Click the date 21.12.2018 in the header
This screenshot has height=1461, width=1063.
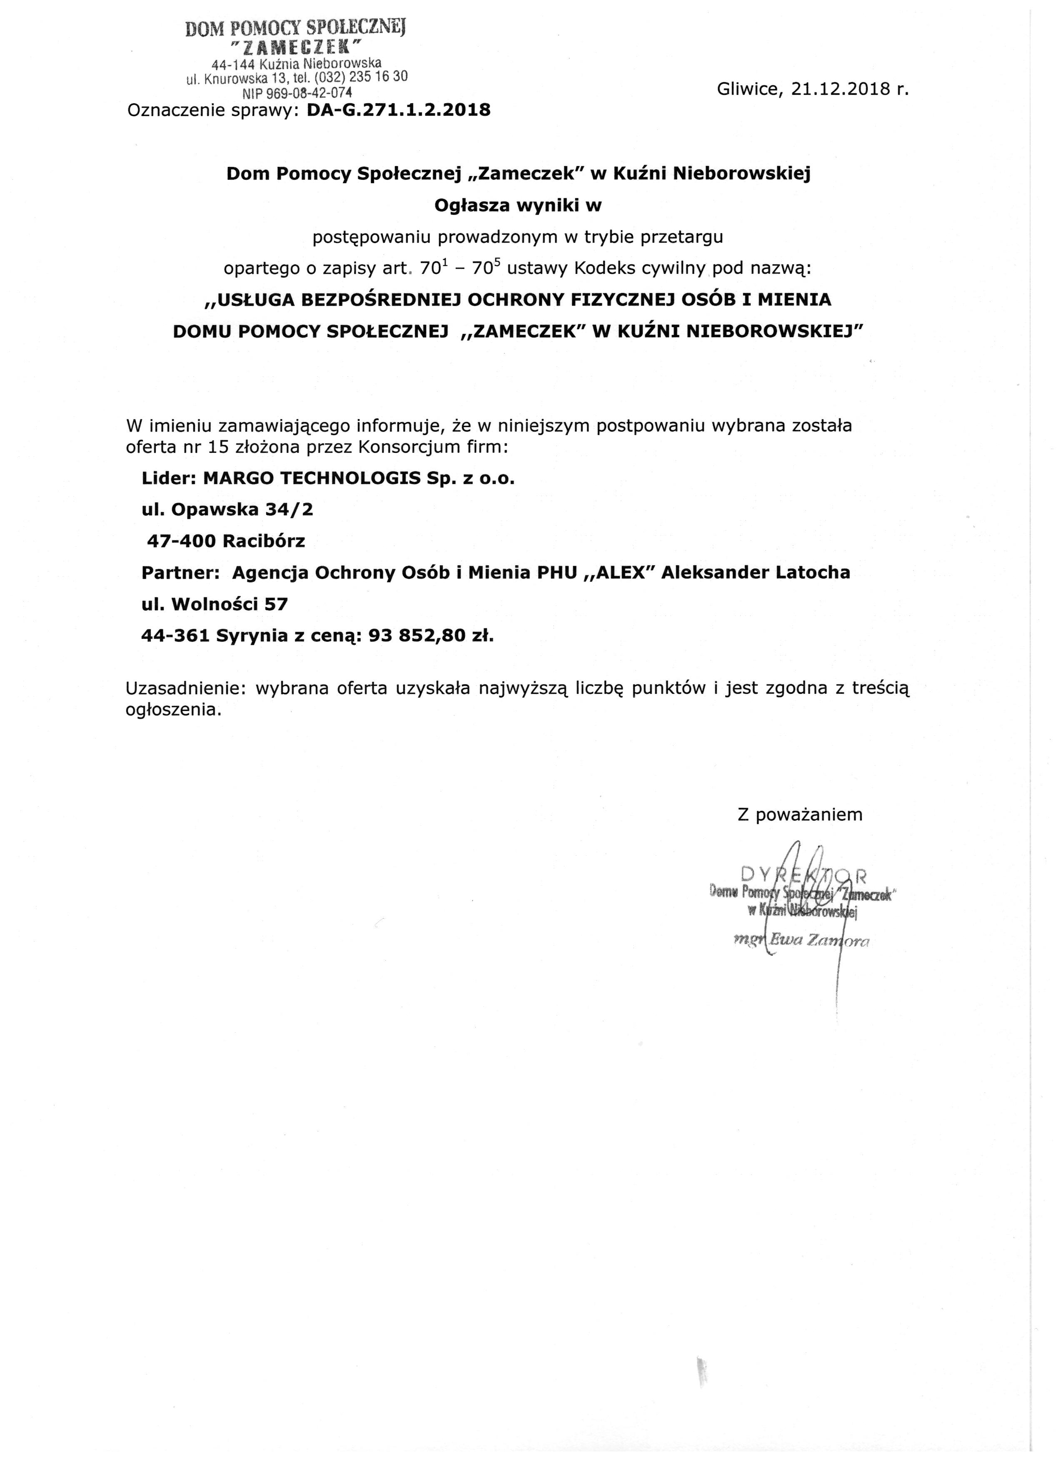(838, 89)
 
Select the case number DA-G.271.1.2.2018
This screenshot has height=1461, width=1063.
(398, 110)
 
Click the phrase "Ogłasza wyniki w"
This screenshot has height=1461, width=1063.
(518, 206)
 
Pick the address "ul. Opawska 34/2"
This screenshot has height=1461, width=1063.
(227, 509)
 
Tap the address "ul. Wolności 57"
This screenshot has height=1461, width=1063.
(215, 604)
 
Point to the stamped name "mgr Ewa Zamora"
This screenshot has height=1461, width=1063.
(802, 941)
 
